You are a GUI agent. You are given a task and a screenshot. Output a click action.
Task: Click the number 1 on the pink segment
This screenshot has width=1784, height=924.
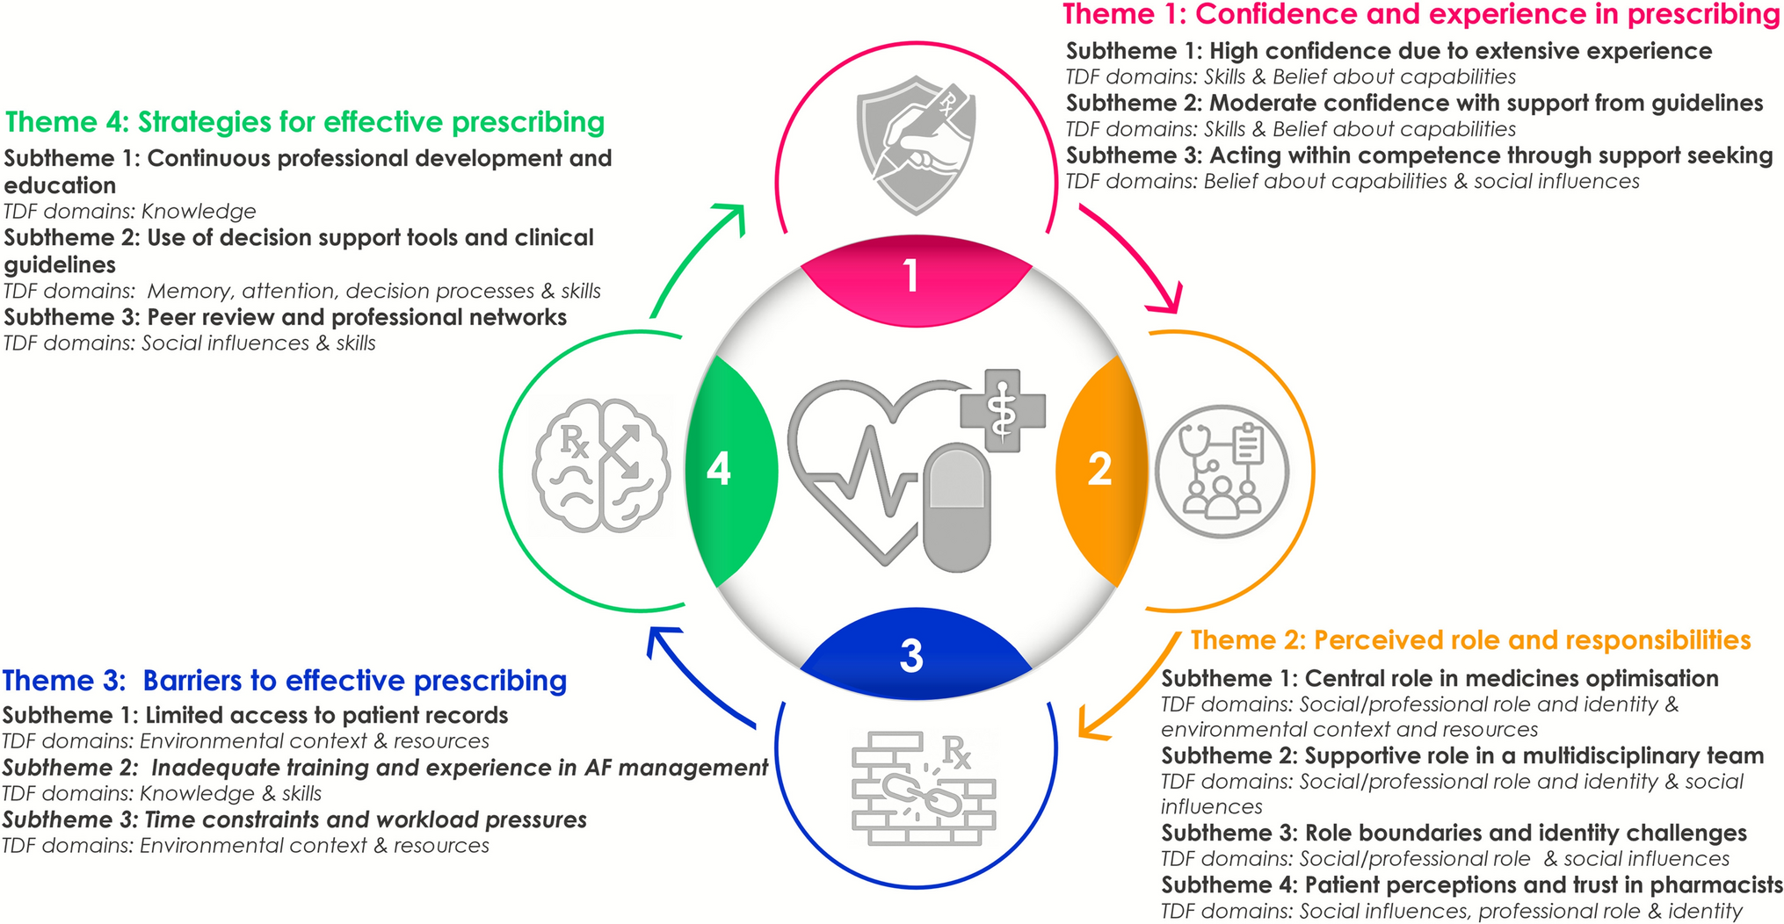tap(911, 276)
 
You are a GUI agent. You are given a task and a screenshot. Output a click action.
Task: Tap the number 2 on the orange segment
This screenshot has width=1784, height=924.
tap(1099, 469)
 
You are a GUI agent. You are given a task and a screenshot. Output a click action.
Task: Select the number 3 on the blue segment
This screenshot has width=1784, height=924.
tap(911, 656)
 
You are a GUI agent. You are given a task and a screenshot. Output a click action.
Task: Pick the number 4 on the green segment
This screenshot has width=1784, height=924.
tap(719, 469)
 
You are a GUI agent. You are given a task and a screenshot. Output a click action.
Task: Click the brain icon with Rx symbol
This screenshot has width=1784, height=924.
tap(601, 466)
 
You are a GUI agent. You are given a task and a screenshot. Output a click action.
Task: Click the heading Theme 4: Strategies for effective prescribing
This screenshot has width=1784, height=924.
tap(305, 122)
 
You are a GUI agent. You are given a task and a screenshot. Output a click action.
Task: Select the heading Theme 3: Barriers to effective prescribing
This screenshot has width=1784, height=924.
tap(284, 681)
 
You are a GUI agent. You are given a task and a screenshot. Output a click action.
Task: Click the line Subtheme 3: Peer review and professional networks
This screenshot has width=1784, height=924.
tap(286, 317)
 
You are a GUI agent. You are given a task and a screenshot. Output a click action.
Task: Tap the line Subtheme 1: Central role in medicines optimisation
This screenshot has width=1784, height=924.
tap(1440, 679)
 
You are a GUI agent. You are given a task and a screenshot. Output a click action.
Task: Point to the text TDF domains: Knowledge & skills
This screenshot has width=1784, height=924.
tap(162, 794)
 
